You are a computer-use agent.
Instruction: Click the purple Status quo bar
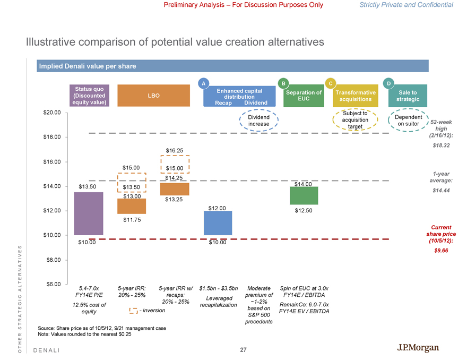(x=89, y=213)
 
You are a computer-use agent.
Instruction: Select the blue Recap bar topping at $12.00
(x=218, y=223)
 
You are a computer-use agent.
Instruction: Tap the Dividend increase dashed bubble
(x=258, y=121)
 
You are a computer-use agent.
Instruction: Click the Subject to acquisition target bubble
(x=355, y=120)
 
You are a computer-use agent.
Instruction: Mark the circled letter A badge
(x=203, y=83)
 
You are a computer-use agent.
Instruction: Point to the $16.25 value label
(x=175, y=151)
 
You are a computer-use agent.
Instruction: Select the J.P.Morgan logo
(x=418, y=348)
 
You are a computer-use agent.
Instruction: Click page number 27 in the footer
(x=243, y=350)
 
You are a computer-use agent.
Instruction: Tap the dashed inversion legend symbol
(x=133, y=310)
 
